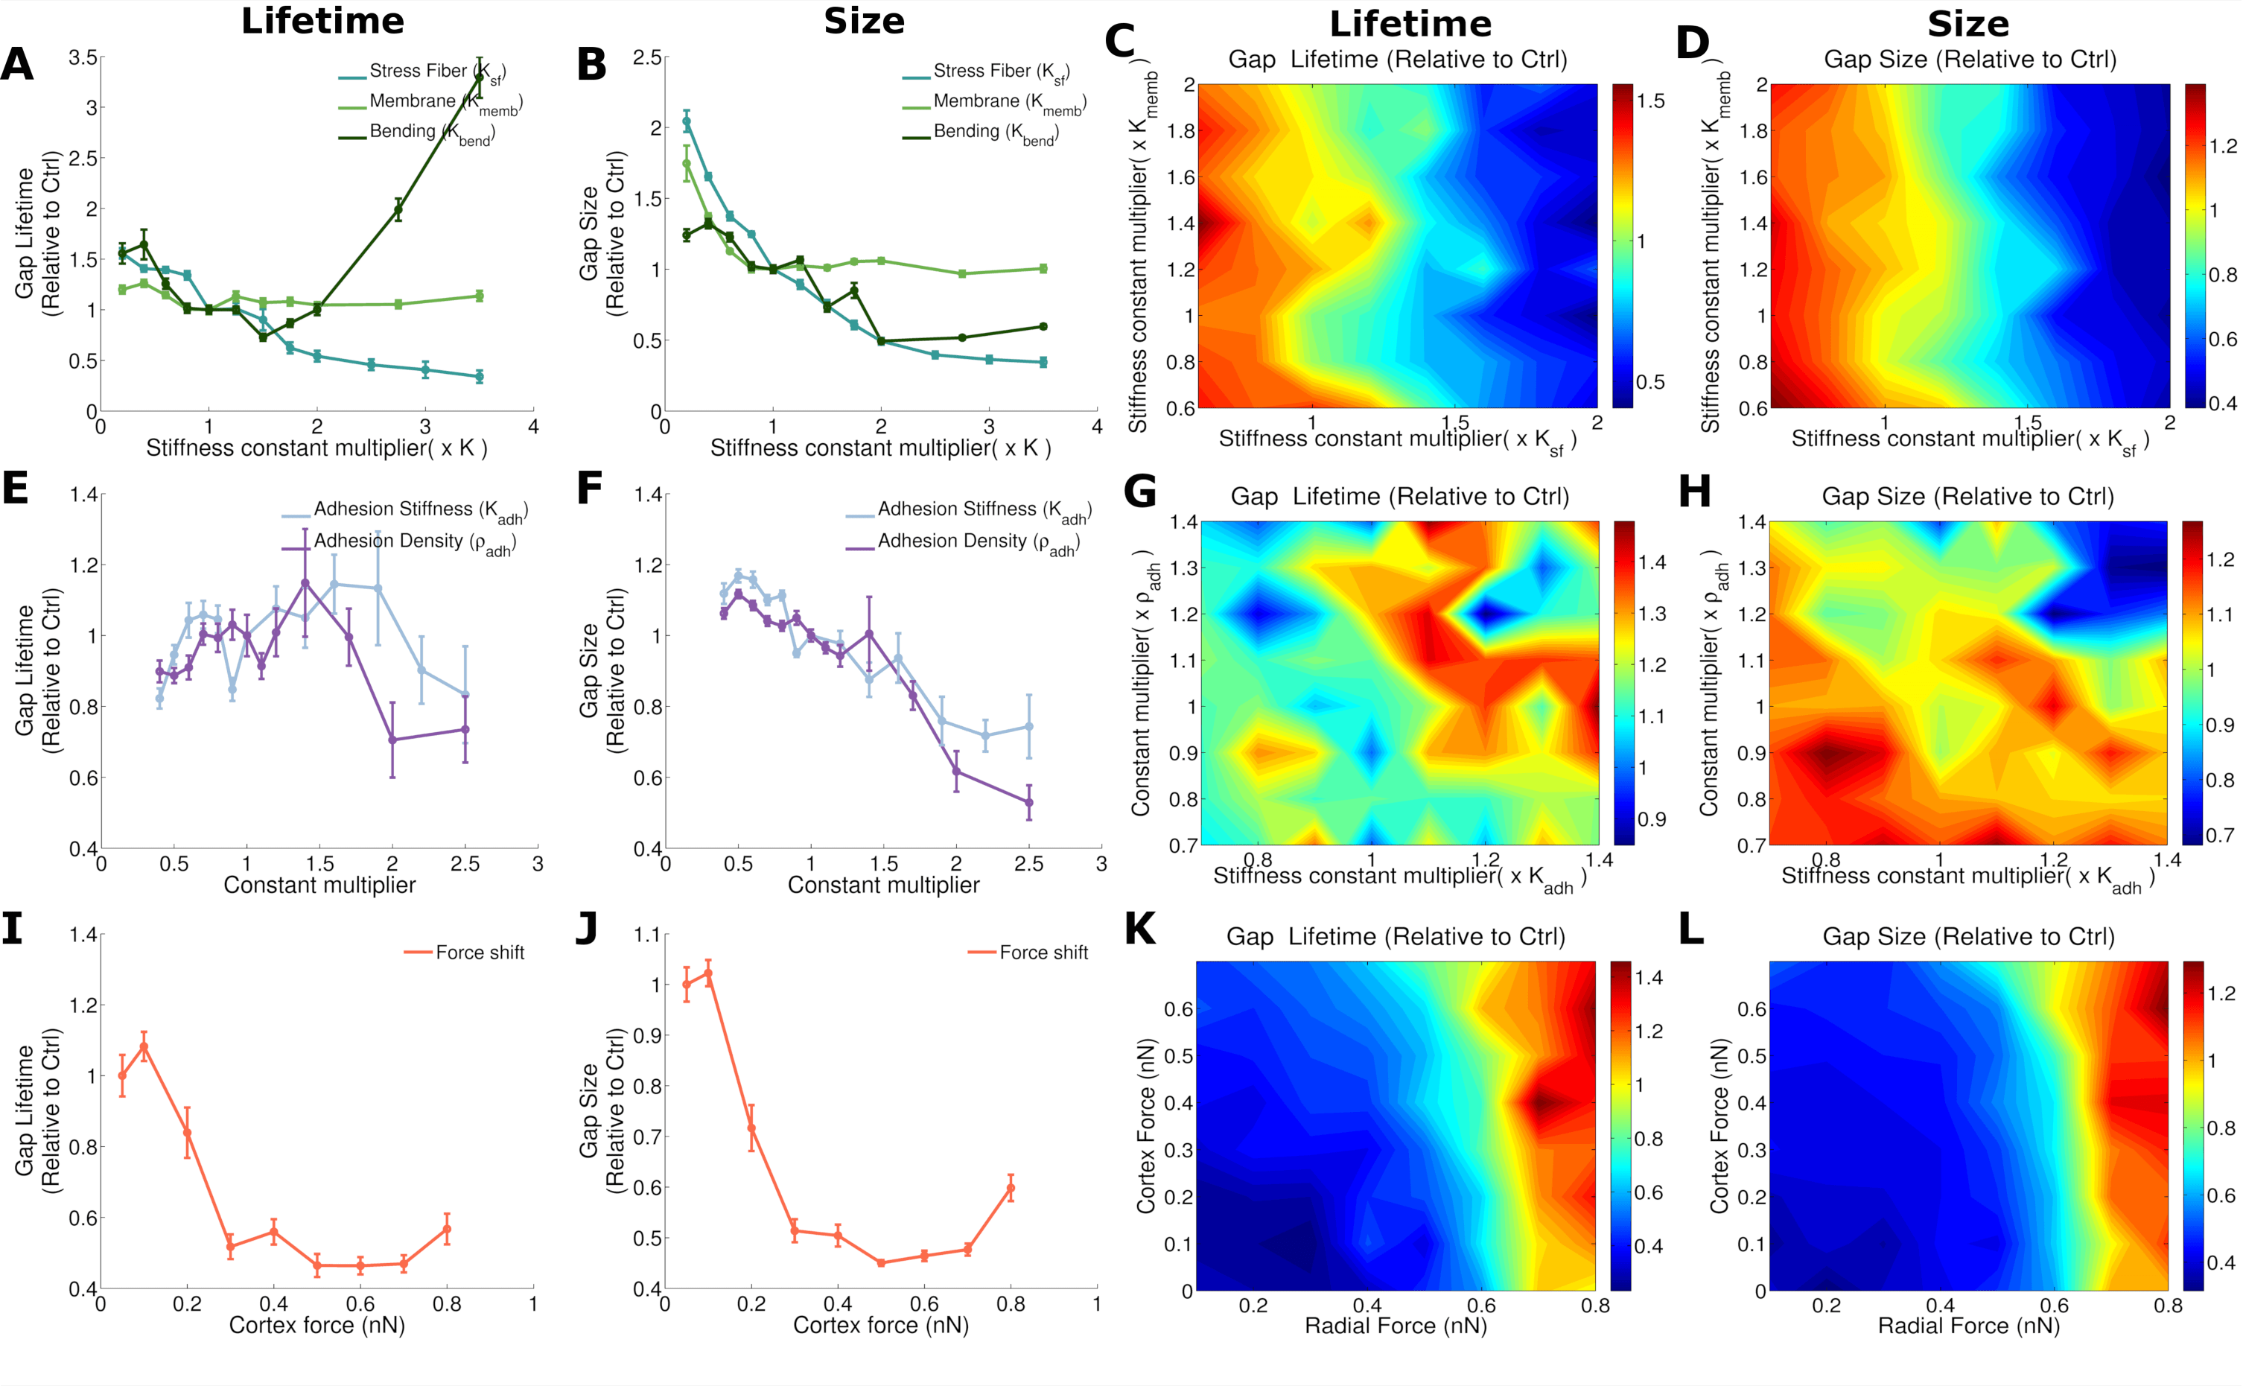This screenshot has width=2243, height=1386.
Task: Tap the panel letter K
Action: pyautogui.click(x=1139, y=929)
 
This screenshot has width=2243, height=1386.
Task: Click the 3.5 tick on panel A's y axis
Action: pyautogui.click(x=83, y=58)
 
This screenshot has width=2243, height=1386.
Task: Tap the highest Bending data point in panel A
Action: pyautogui.click(x=479, y=78)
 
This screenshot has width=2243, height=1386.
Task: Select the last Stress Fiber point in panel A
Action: pyautogui.click(x=479, y=376)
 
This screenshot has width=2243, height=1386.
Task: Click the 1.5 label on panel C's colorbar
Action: pyautogui.click(x=1651, y=101)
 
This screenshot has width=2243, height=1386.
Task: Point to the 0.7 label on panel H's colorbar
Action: pyautogui.click(x=2220, y=835)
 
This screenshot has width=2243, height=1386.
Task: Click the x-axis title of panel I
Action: pyautogui.click(x=316, y=1326)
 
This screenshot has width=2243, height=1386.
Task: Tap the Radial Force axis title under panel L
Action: pyautogui.click(x=1968, y=1326)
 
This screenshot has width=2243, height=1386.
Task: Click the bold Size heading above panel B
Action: pyautogui.click(x=864, y=21)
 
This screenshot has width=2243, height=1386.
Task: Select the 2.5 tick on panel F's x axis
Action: pyautogui.click(x=1028, y=863)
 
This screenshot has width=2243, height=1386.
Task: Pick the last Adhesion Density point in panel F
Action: pyautogui.click(x=1028, y=803)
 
